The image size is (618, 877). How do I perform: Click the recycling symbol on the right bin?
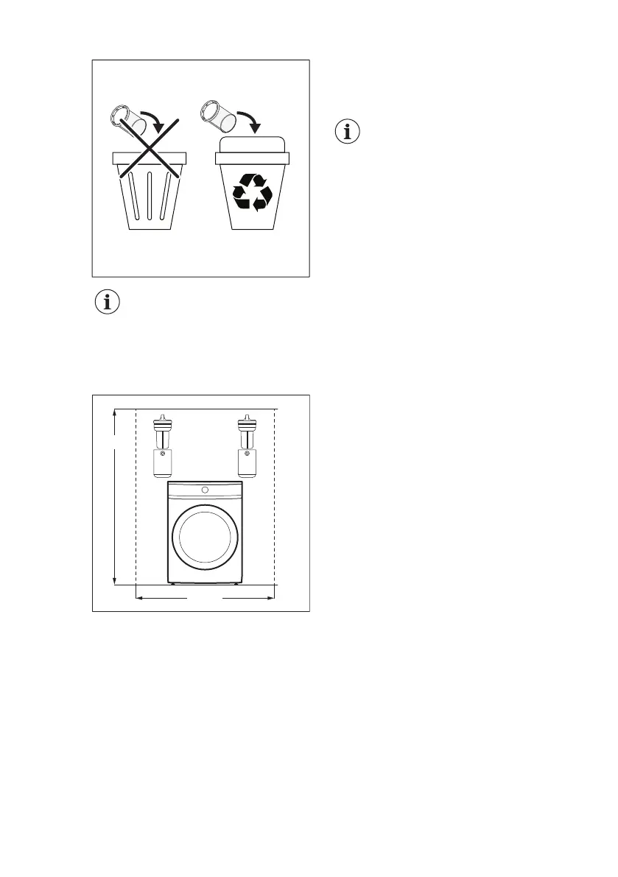coord(253,193)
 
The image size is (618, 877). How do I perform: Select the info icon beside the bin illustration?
coord(348,132)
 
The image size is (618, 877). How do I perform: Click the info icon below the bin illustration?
coord(108,303)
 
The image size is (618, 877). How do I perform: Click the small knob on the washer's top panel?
coord(205,490)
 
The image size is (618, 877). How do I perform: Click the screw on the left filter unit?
coord(162,454)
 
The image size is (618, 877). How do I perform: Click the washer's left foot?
coord(175,585)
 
